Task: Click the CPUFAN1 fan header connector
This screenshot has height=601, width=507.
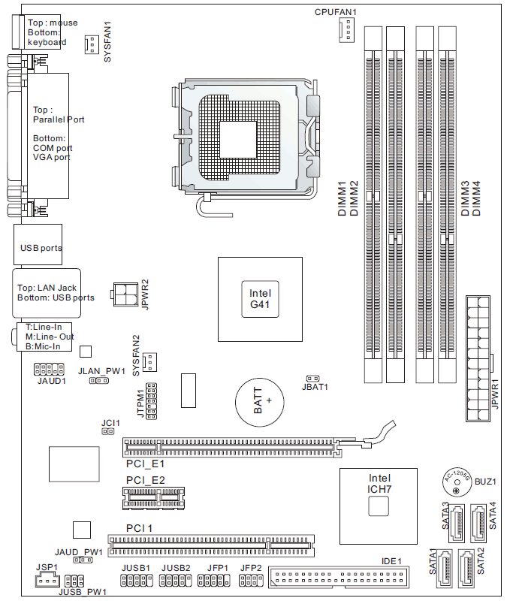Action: (346, 29)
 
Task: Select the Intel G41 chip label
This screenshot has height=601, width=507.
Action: (260, 299)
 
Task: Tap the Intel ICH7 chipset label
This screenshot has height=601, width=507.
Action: (379, 484)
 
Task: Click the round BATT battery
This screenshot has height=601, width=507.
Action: (259, 401)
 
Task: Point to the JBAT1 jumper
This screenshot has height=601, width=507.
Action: (313, 379)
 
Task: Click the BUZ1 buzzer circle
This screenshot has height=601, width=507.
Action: (457, 482)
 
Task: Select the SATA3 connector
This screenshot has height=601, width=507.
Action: (457, 523)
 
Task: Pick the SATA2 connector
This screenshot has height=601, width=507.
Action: (466, 569)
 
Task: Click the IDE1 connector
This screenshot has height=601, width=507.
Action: (339, 577)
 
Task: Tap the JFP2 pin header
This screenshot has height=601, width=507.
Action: (251, 581)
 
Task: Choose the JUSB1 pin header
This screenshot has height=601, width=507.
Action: (137, 581)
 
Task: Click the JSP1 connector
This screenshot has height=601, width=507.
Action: (47, 579)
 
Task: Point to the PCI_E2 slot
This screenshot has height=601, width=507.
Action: (153, 498)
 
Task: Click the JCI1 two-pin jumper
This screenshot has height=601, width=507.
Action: (108, 431)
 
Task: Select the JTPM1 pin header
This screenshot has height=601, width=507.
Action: (151, 401)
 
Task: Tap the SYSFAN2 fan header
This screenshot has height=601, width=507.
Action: (149, 362)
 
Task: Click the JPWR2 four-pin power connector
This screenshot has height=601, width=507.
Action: (125, 294)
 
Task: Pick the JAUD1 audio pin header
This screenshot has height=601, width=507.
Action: (49, 369)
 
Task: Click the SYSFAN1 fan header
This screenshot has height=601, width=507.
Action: (92, 44)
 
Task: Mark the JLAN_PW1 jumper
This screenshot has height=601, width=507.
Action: (99, 381)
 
